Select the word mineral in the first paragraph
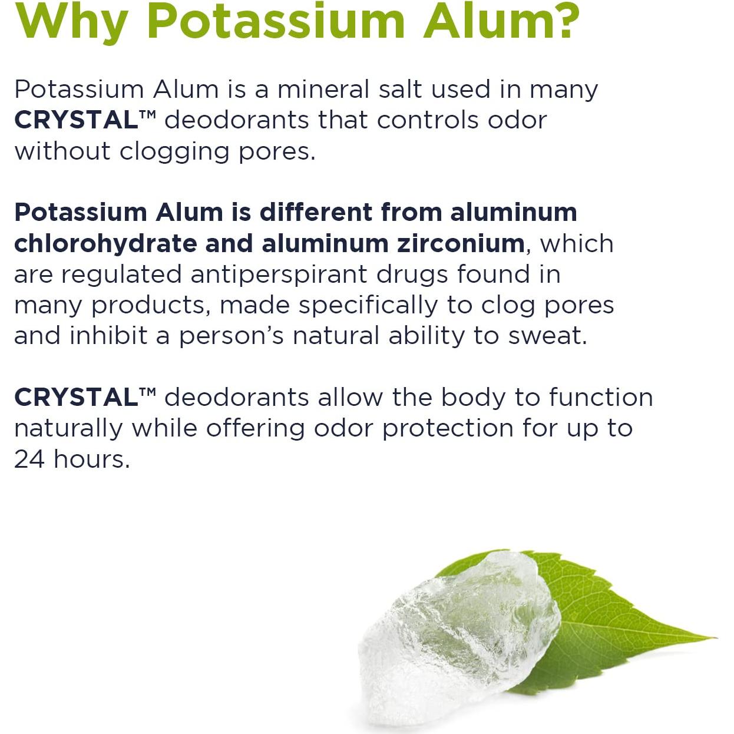323,90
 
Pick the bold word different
316,212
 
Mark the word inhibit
108,335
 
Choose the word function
601,397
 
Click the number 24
29,459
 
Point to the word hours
92,459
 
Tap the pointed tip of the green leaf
716,637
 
